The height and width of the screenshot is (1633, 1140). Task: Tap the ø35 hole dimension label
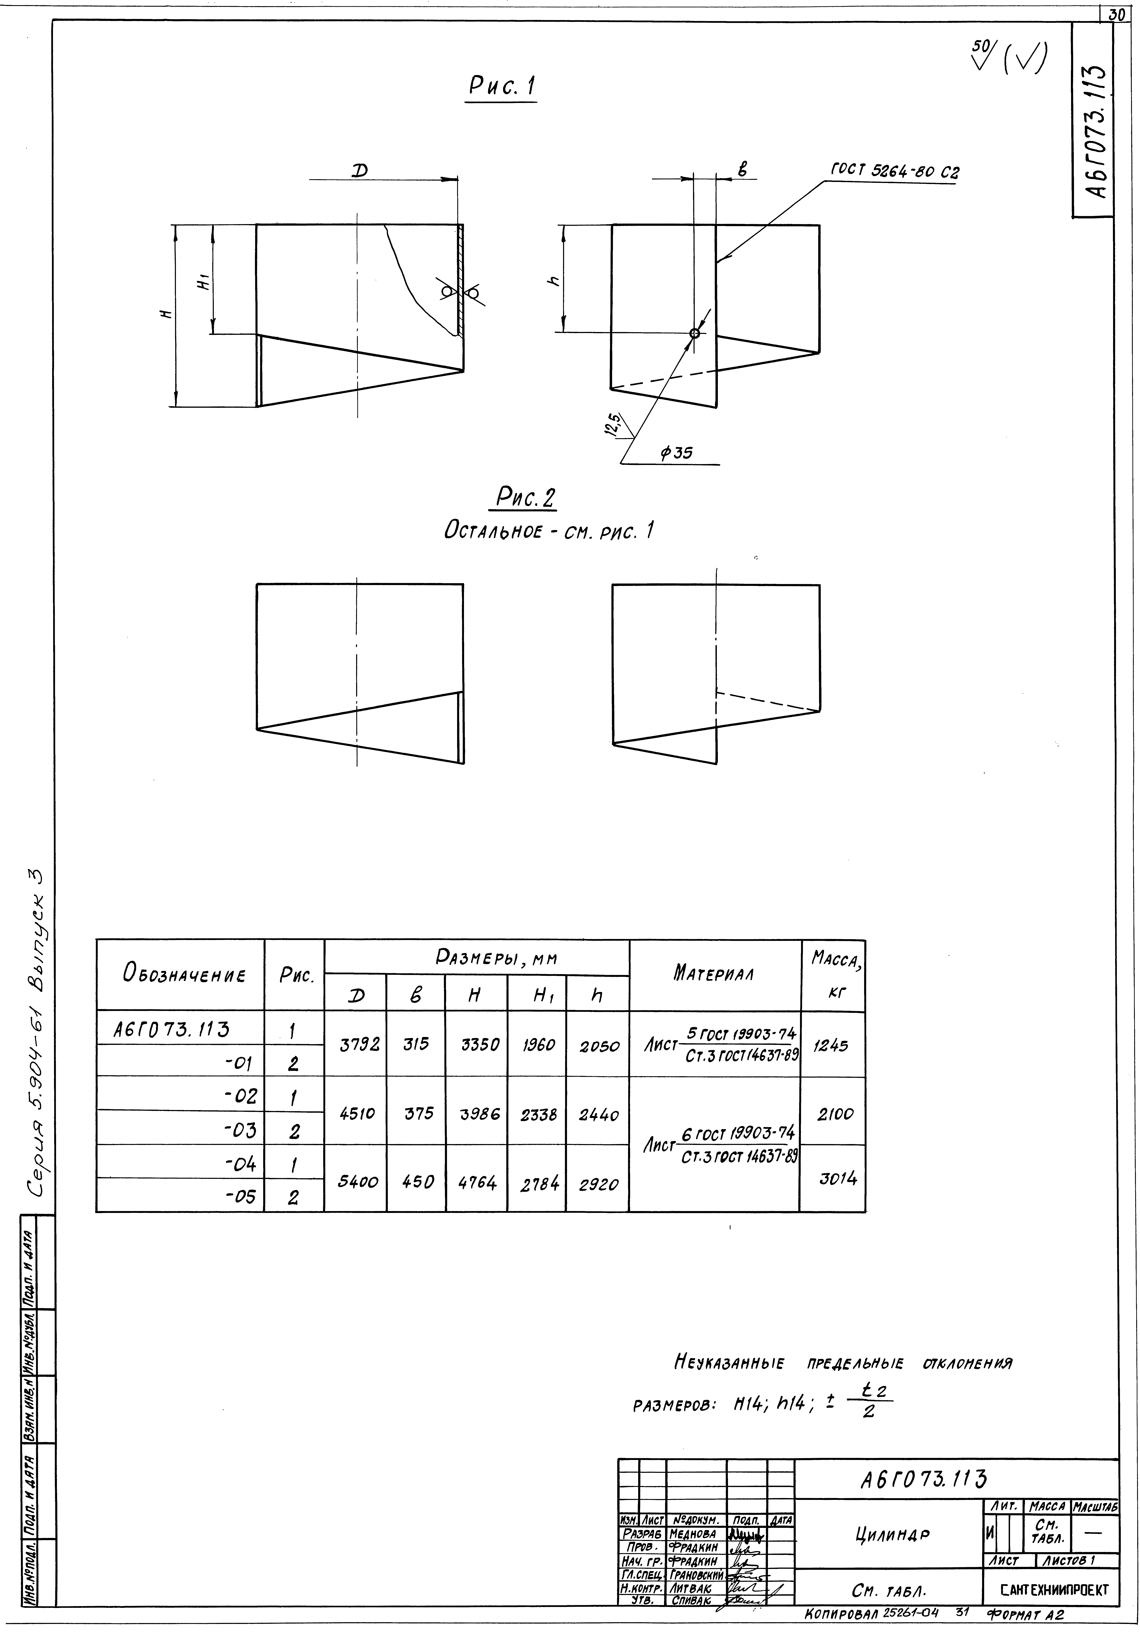pos(676,452)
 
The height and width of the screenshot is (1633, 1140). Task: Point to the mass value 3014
pos(838,1178)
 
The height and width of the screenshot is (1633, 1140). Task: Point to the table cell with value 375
pos(418,1113)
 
